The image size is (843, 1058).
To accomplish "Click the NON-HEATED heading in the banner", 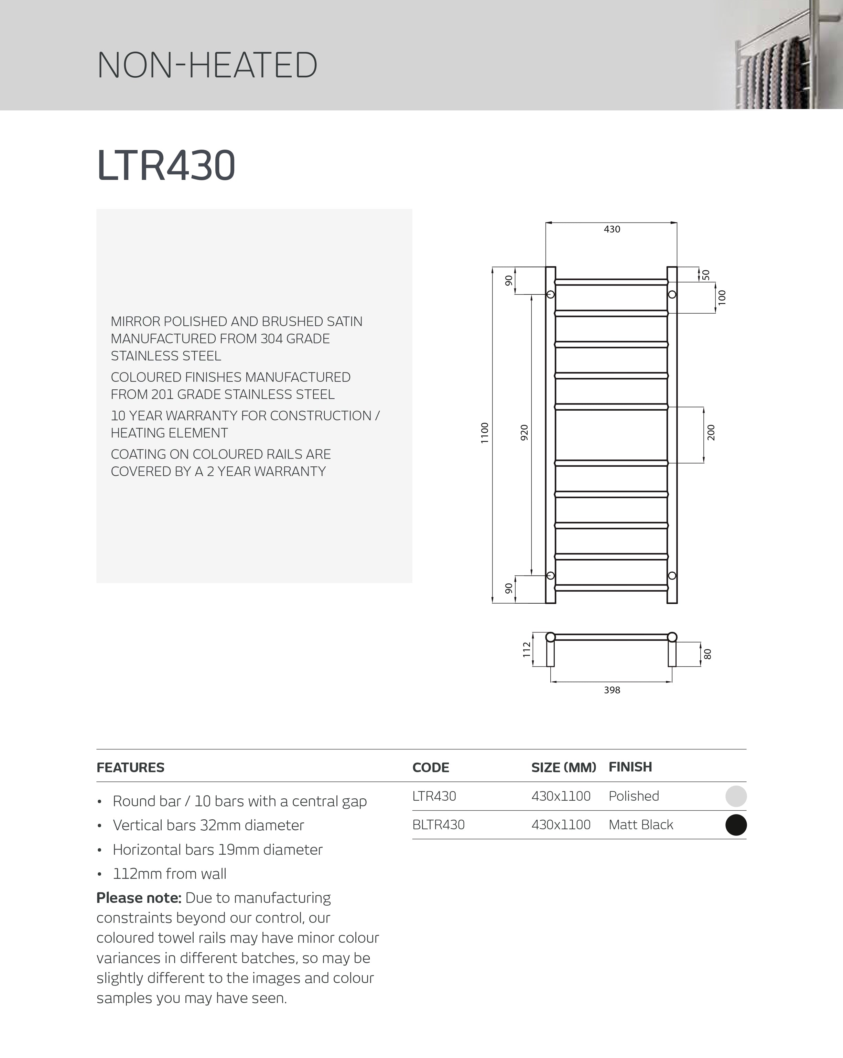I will pyautogui.click(x=207, y=65).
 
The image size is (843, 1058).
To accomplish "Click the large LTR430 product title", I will pyautogui.click(x=166, y=165).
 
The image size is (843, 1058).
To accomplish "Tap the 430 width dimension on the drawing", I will pyautogui.click(x=612, y=229).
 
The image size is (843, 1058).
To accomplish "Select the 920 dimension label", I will pyautogui.click(x=524, y=432).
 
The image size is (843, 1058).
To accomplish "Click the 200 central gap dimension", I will pyautogui.click(x=711, y=432).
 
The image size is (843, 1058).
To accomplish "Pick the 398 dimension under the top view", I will pyautogui.click(x=612, y=690).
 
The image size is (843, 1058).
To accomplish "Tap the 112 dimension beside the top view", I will pyautogui.click(x=527, y=649).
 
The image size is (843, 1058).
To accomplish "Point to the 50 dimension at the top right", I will pyautogui.click(x=706, y=275).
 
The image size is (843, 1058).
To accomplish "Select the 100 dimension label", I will pyautogui.click(x=722, y=298).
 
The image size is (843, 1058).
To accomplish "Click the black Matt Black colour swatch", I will pyautogui.click(x=736, y=824).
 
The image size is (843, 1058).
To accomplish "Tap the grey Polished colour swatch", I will pyautogui.click(x=736, y=796).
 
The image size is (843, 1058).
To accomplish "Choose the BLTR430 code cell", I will pyautogui.click(x=438, y=824).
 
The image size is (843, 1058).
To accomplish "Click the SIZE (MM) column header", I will pyautogui.click(x=563, y=767).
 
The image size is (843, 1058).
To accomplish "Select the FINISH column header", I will pyautogui.click(x=630, y=767).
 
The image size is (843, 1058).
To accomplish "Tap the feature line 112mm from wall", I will pyautogui.click(x=169, y=874).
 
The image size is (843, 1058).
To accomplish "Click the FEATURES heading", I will pyautogui.click(x=130, y=767).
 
